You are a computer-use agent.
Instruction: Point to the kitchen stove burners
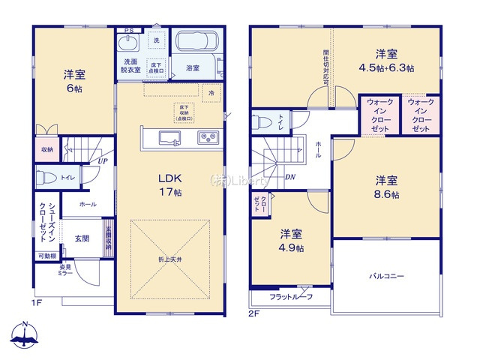[207, 137]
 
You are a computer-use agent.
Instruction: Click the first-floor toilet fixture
[46, 178]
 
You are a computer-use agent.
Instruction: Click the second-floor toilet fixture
[260, 121]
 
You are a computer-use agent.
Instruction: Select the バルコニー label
[386, 276]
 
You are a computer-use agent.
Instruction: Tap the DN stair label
[290, 176]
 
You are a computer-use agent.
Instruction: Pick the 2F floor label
[253, 313]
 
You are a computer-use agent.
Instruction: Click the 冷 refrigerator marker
[211, 93]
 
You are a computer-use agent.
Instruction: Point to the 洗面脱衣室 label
[132, 64]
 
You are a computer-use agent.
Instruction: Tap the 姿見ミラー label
[65, 270]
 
